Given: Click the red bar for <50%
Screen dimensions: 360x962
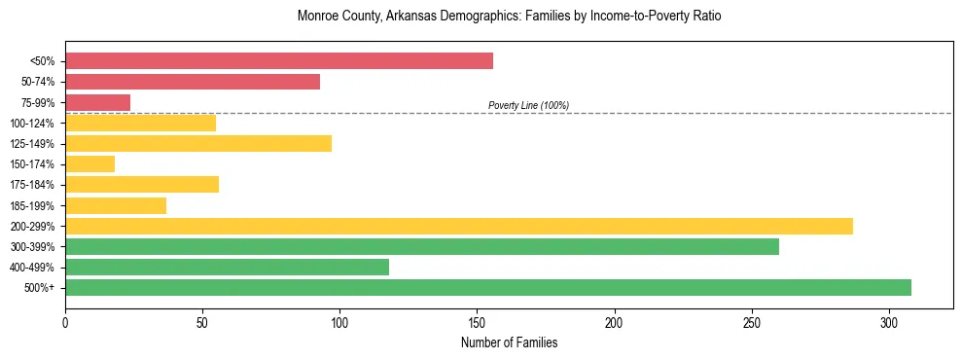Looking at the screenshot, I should [279, 61].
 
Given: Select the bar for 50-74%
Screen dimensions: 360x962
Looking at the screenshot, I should [193, 82].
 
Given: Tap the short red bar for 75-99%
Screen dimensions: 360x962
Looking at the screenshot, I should [97, 102].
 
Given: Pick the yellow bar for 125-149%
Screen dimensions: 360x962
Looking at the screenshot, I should [198, 143].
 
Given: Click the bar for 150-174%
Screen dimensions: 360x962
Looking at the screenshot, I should [89, 164].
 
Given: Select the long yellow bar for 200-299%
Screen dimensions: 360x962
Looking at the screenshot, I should [459, 226].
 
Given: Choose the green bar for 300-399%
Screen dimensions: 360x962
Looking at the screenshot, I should [422, 246].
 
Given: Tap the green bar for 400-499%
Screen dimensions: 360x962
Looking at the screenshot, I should [227, 267].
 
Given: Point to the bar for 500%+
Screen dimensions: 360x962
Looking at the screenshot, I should [488, 287].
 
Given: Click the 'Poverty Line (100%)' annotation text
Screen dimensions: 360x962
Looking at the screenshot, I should [528, 105].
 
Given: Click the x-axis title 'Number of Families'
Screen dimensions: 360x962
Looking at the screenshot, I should [509, 342].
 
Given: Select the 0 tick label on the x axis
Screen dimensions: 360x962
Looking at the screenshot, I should [65, 322].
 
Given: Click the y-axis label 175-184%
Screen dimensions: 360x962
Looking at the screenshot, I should [32, 185].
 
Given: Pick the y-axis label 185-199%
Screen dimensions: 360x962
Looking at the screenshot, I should [32, 205].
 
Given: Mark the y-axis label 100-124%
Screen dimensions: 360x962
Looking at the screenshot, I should [32, 123].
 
